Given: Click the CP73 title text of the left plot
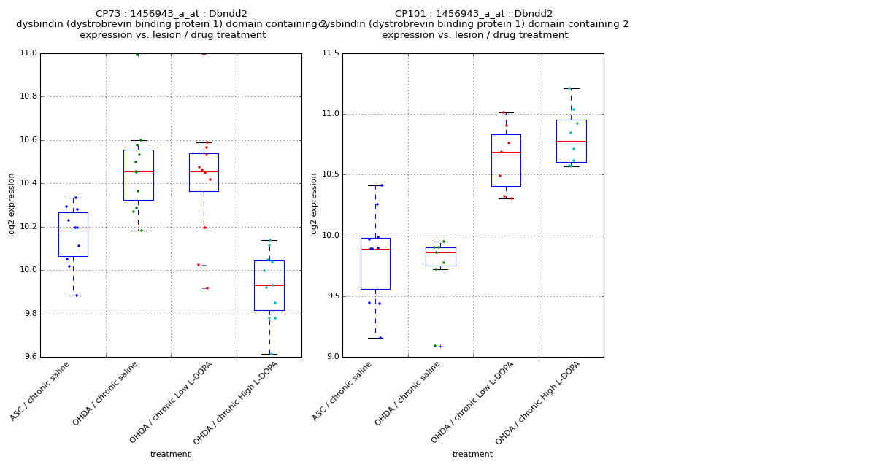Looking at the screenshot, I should pos(172,14).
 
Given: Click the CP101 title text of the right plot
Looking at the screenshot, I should pos(474,14).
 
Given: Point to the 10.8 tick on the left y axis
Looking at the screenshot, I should pos(27,96).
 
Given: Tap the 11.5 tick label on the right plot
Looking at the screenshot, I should pos(329,53).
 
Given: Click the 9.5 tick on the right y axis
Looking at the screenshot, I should pos(331,296).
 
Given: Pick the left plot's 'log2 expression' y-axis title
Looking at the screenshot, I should pos(12,204).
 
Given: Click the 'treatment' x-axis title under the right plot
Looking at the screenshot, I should pos(472,455).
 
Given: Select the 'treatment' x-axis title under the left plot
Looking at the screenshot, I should pos(170,455).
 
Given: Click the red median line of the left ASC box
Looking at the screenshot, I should pos(73,228).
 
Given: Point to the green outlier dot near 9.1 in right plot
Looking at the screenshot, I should pos(435,346).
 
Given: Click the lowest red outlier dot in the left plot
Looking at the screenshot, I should pos(207,288).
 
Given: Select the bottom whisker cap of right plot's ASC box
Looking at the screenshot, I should pos(375,338).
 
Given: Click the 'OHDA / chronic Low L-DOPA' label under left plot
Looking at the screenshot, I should pos(172,402).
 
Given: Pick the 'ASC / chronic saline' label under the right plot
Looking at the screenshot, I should pos(343,391).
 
